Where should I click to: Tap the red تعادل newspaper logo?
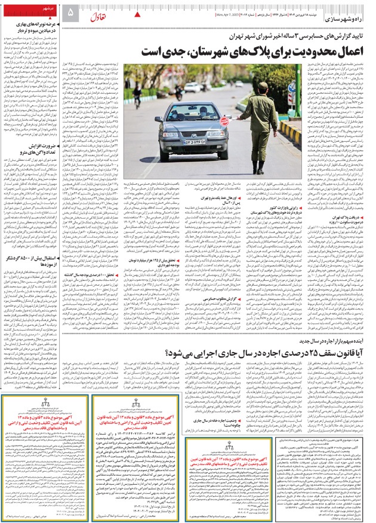pyautogui.click(x=97, y=13)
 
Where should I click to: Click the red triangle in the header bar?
pyautogui.click(x=138, y=13)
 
